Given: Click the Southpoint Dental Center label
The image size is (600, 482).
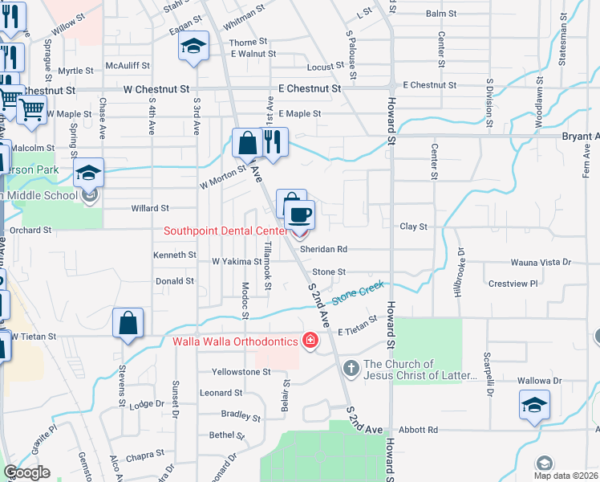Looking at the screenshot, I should click(x=225, y=231).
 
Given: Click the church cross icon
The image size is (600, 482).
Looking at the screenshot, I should click(x=351, y=369).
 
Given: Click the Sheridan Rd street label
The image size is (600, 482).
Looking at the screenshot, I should click(x=323, y=249).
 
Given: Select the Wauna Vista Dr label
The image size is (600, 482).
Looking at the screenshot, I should click(x=541, y=263).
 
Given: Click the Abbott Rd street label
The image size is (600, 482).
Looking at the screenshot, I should click(x=421, y=430).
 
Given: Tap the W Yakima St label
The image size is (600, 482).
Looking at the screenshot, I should click(x=236, y=261).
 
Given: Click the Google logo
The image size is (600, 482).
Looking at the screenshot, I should click(x=26, y=472).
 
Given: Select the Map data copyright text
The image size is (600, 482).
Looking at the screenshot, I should click(x=567, y=476).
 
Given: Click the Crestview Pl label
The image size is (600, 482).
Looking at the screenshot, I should click(x=513, y=284).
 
